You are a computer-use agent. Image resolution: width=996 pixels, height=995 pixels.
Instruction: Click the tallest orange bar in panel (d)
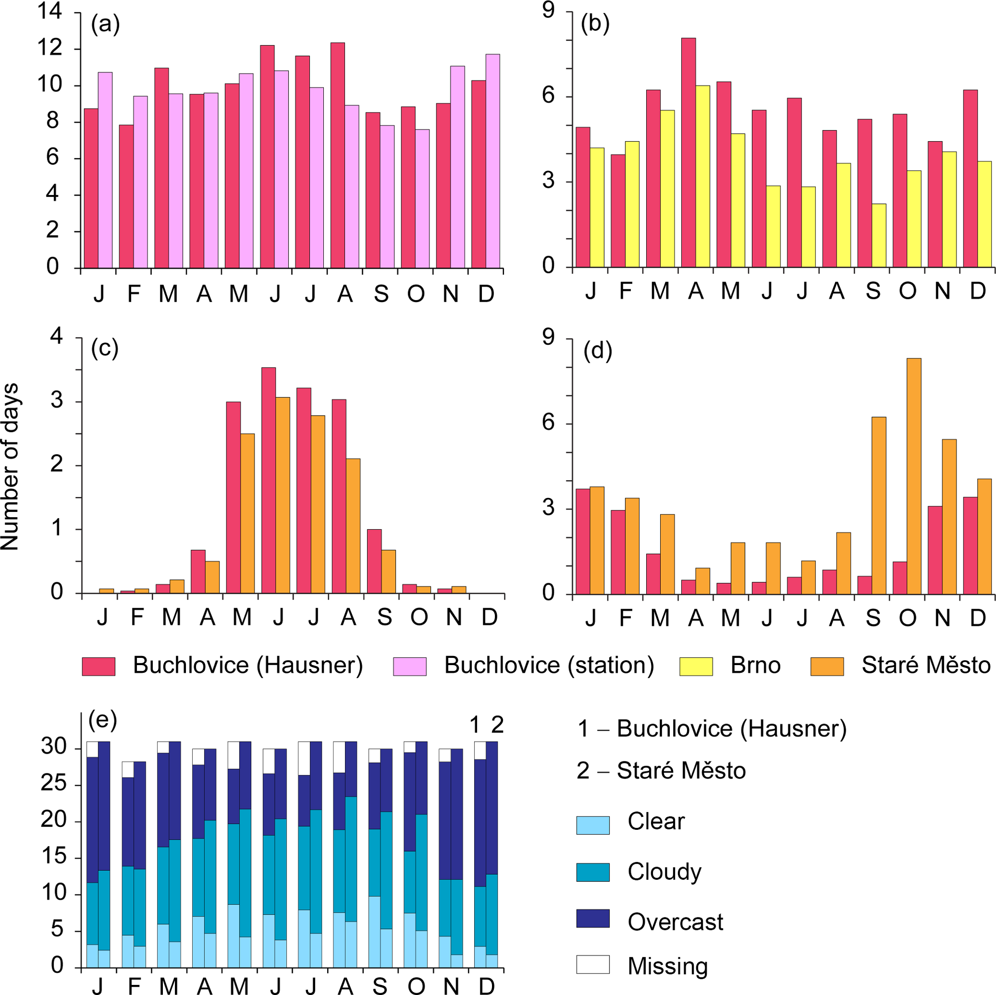click(x=914, y=476)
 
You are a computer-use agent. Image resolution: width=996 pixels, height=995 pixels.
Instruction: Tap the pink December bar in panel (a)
click(x=492, y=161)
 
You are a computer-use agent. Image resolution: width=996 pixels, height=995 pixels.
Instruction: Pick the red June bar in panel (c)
click(x=268, y=480)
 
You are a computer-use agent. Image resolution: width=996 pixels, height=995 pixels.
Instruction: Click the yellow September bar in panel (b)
click(x=879, y=236)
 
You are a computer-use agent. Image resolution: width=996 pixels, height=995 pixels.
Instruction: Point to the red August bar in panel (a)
click(x=338, y=155)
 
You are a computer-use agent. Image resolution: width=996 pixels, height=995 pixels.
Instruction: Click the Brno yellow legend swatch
click(x=696, y=666)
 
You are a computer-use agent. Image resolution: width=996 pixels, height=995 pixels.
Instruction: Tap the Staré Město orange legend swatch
click(x=827, y=666)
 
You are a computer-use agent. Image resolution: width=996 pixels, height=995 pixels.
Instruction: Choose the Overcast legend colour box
click(x=593, y=918)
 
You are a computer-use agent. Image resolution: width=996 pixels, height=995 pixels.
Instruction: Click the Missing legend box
click(x=593, y=964)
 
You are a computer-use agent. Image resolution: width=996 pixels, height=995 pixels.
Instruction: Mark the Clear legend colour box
click(x=593, y=825)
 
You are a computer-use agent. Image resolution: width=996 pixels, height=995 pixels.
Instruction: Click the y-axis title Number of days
click(x=10, y=467)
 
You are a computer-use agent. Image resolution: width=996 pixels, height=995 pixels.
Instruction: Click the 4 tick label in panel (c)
click(x=56, y=337)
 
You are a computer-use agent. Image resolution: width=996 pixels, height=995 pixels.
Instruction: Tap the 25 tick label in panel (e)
click(x=53, y=784)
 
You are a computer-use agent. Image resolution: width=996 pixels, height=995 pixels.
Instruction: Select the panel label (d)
click(x=598, y=351)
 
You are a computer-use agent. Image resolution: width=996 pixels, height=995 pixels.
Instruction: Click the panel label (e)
click(x=103, y=720)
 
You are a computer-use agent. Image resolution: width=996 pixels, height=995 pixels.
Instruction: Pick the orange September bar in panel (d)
click(x=878, y=506)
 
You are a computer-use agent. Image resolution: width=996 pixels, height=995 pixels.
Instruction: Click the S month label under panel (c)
click(x=384, y=617)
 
